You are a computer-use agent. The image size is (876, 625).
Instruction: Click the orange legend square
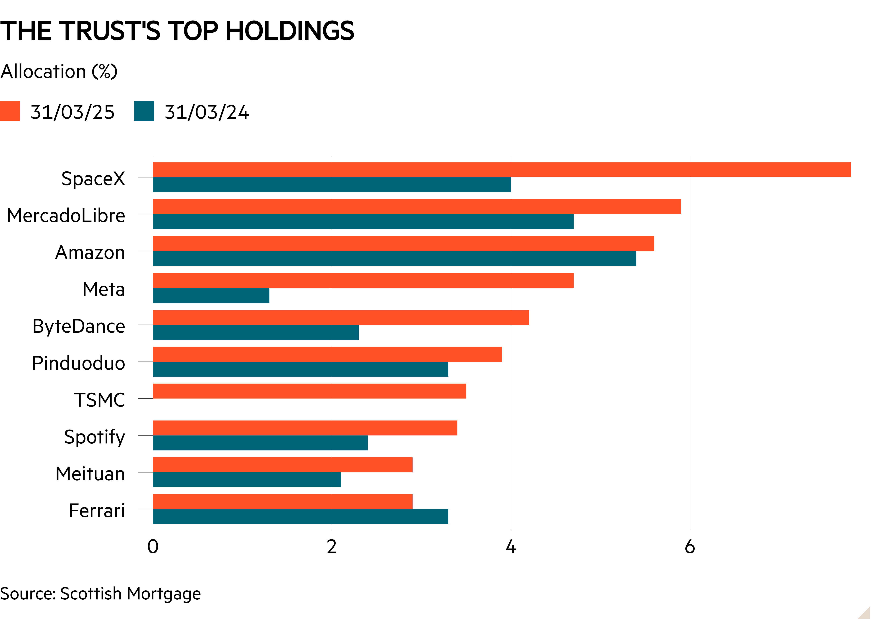click(x=10, y=111)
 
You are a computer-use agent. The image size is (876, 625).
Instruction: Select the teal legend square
click(x=144, y=111)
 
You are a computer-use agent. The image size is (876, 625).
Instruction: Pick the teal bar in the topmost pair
click(x=332, y=185)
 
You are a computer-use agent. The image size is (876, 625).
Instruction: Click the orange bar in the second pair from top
click(x=417, y=207)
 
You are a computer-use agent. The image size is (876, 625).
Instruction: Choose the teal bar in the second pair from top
click(x=363, y=222)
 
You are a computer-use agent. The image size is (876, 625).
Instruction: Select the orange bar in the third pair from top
click(x=403, y=244)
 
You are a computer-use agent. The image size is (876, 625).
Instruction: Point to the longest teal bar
click(x=394, y=259)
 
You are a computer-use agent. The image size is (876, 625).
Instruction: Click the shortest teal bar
click(x=211, y=296)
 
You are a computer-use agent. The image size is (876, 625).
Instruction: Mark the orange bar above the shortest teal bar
click(x=363, y=281)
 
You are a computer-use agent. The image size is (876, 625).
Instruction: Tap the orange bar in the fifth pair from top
click(x=341, y=318)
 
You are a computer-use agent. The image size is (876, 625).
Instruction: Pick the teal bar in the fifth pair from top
click(x=256, y=333)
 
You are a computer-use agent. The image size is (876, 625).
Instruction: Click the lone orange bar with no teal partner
click(x=309, y=391)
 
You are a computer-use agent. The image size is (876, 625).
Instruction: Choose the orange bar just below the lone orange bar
click(x=305, y=428)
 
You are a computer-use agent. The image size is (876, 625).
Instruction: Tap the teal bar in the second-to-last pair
click(x=247, y=480)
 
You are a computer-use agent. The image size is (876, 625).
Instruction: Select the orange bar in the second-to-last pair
click(x=283, y=465)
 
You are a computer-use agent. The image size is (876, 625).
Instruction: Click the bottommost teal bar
click(x=300, y=517)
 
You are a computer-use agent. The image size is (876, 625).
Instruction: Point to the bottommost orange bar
click(x=283, y=502)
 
